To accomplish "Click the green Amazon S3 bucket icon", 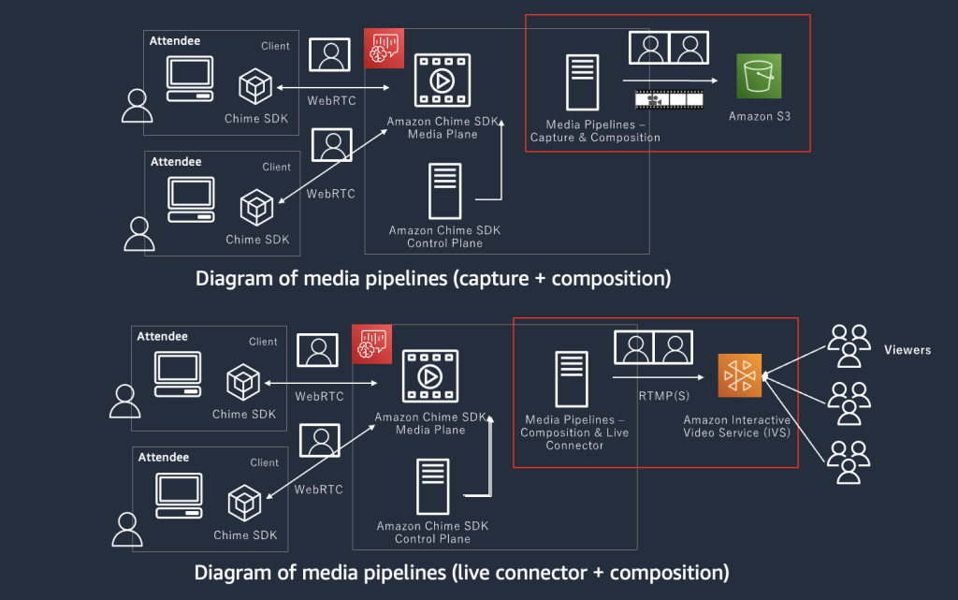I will coord(759,76).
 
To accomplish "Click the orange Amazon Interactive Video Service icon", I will coord(740,377).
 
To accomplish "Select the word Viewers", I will coord(907,350).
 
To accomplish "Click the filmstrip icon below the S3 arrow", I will coord(669,98).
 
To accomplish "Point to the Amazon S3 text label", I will coord(759,117).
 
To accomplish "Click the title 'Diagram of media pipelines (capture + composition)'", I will coord(433,278).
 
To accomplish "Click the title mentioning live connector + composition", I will coord(461,572).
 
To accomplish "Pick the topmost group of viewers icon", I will coord(849,344).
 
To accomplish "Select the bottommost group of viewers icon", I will coord(849,461).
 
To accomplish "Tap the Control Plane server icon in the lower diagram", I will coord(432,487).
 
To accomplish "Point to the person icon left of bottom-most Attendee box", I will coord(127,529).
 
